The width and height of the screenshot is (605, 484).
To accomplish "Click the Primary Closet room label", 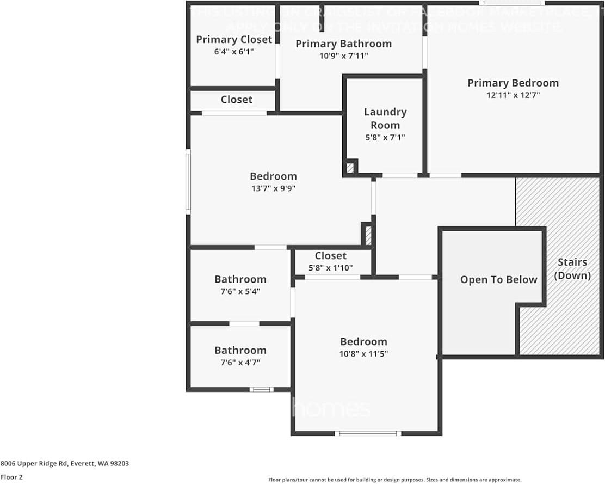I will [x=234, y=39].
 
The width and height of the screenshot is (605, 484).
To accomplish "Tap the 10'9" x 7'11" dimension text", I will [x=343, y=56].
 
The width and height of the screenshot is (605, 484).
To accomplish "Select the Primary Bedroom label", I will [x=513, y=83].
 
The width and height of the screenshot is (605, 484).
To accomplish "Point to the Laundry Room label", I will [x=385, y=118].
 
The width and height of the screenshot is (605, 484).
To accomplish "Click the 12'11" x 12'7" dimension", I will [x=513, y=95].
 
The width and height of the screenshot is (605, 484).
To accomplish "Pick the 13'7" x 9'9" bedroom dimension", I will [x=273, y=188].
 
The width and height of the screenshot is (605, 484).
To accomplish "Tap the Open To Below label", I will [x=498, y=279].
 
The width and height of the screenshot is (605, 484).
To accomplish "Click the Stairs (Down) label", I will [x=572, y=269].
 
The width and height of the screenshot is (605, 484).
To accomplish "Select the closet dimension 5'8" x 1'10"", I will [x=330, y=268].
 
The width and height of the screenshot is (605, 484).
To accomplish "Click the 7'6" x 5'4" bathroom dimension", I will [x=240, y=291].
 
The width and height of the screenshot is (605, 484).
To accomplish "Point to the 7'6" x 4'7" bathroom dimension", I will [x=240, y=362].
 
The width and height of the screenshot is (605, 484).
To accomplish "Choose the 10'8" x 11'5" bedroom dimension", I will [x=363, y=353].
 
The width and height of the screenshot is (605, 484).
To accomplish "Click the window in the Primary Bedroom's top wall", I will [x=511, y=3].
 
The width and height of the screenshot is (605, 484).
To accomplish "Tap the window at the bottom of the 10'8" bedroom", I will [x=368, y=433].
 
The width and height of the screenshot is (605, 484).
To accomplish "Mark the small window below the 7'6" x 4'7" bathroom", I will [x=261, y=389].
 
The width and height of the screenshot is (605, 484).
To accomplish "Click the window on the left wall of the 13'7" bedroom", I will [x=188, y=182].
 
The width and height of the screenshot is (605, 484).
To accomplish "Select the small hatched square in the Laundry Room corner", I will [x=350, y=168].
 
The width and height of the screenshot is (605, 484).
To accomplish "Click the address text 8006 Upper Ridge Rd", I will [x=64, y=464].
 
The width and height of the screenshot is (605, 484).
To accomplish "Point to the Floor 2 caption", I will [x=11, y=477].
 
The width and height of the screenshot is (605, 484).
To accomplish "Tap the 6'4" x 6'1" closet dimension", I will [x=234, y=52].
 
